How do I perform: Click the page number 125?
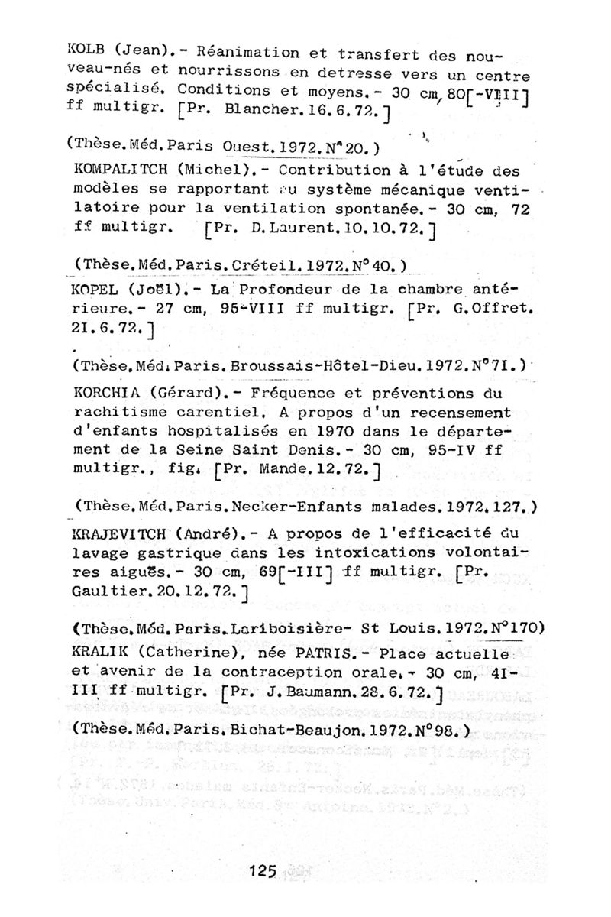click(261, 870)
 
